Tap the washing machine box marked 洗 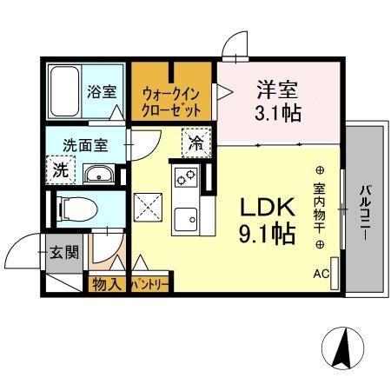click(x=60, y=171)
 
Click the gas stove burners click(x=187, y=178)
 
